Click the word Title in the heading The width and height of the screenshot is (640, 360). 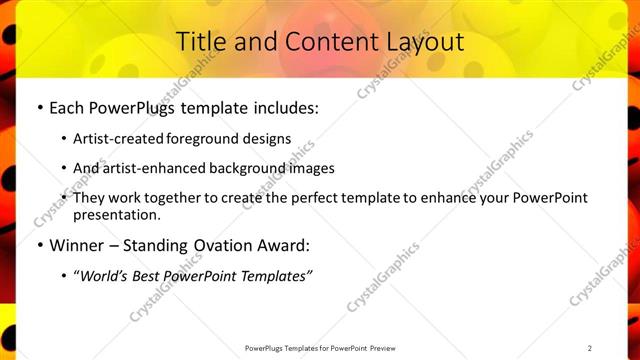(x=200, y=42)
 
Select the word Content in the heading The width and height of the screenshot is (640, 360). (x=322, y=42)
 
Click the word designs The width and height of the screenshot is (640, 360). (x=268, y=138)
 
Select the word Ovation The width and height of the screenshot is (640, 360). (x=233, y=245)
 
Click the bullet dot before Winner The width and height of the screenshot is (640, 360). (x=39, y=245)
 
